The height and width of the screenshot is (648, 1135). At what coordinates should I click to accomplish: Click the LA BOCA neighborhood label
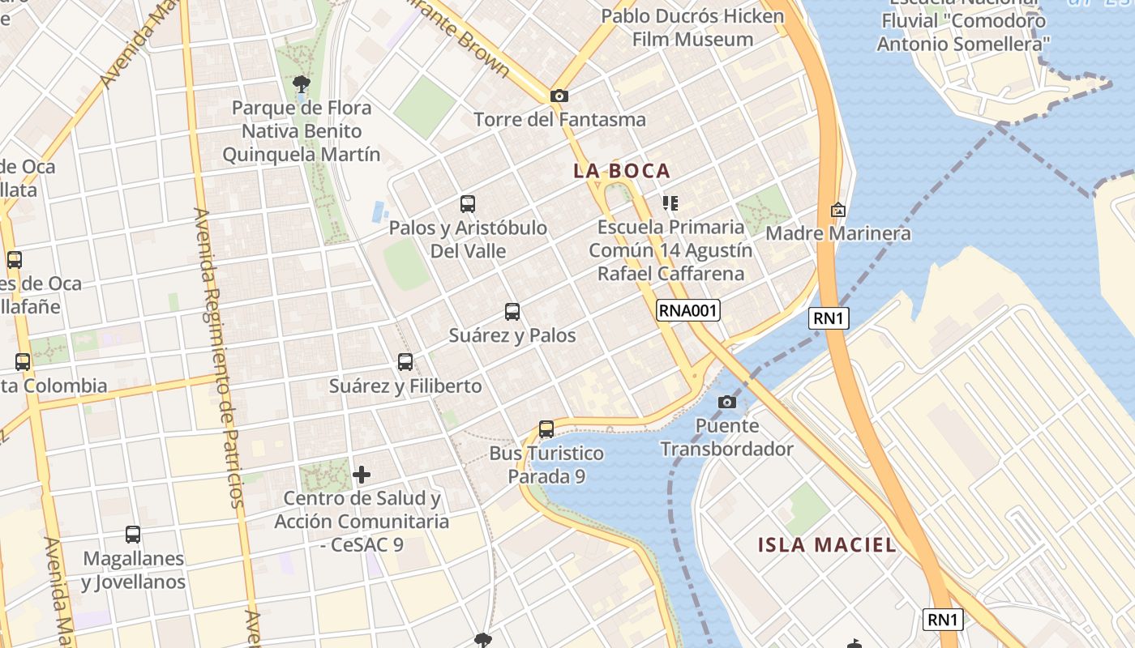click(622, 171)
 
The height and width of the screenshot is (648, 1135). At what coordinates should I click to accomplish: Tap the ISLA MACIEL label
click(827, 545)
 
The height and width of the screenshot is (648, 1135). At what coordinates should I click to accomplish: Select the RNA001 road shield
click(688, 309)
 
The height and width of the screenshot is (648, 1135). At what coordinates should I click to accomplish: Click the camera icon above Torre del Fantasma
click(559, 96)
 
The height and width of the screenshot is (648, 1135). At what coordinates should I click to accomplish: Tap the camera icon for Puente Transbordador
click(726, 402)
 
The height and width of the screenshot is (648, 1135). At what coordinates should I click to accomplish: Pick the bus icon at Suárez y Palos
click(512, 311)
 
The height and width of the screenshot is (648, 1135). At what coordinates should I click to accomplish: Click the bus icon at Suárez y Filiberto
click(405, 362)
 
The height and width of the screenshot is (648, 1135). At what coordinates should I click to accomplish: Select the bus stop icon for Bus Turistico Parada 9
click(546, 429)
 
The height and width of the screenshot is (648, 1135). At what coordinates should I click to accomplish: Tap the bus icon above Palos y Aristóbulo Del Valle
click(468, 204)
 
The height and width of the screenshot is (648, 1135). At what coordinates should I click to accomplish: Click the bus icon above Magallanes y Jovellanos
click(133, 535)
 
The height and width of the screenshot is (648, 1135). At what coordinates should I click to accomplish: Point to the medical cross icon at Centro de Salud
click(362, 474)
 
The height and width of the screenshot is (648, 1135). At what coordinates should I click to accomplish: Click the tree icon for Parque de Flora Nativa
click(301, 83)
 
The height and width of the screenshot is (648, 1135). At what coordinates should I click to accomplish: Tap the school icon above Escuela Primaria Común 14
click(670, 202)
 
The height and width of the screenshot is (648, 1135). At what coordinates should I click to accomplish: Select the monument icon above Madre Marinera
click(838, 210)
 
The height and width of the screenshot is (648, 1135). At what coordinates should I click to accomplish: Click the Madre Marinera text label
click(838, 234)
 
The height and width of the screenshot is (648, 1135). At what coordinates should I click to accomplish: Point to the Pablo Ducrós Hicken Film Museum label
click(692, 28)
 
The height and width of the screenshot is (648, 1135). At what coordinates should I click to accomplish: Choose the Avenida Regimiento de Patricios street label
click(221, 356)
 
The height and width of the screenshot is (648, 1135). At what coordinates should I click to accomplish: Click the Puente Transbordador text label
click(726, 437)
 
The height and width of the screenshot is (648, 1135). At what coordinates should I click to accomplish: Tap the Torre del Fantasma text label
click(559, 120)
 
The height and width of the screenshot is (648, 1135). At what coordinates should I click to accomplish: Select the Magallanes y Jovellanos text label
click(133, 570)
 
